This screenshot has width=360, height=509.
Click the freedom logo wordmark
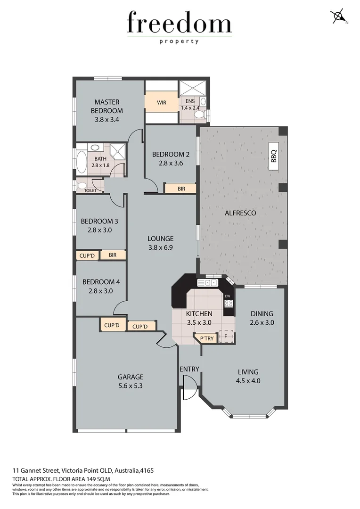point(179,24)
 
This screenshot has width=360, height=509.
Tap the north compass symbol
point(339,16)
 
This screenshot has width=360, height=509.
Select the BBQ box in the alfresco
point(274,153)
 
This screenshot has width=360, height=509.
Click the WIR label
point(162,102)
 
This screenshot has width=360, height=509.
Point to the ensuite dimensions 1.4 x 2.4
point(190,107)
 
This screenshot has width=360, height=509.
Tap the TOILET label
point(90,190)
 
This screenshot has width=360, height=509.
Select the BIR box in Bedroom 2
point(181,189)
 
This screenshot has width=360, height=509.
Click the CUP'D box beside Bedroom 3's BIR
point(88,255)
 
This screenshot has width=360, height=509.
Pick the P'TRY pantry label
point(206,338)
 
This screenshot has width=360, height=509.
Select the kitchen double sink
point(207,283)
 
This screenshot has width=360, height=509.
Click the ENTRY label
point(189,369)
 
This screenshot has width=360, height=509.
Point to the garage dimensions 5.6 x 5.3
point(130,386)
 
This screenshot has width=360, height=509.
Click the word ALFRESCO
point(240,213)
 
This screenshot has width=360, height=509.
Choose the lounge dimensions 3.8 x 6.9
point(161,247)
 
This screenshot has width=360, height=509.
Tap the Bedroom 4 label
point(101,282)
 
